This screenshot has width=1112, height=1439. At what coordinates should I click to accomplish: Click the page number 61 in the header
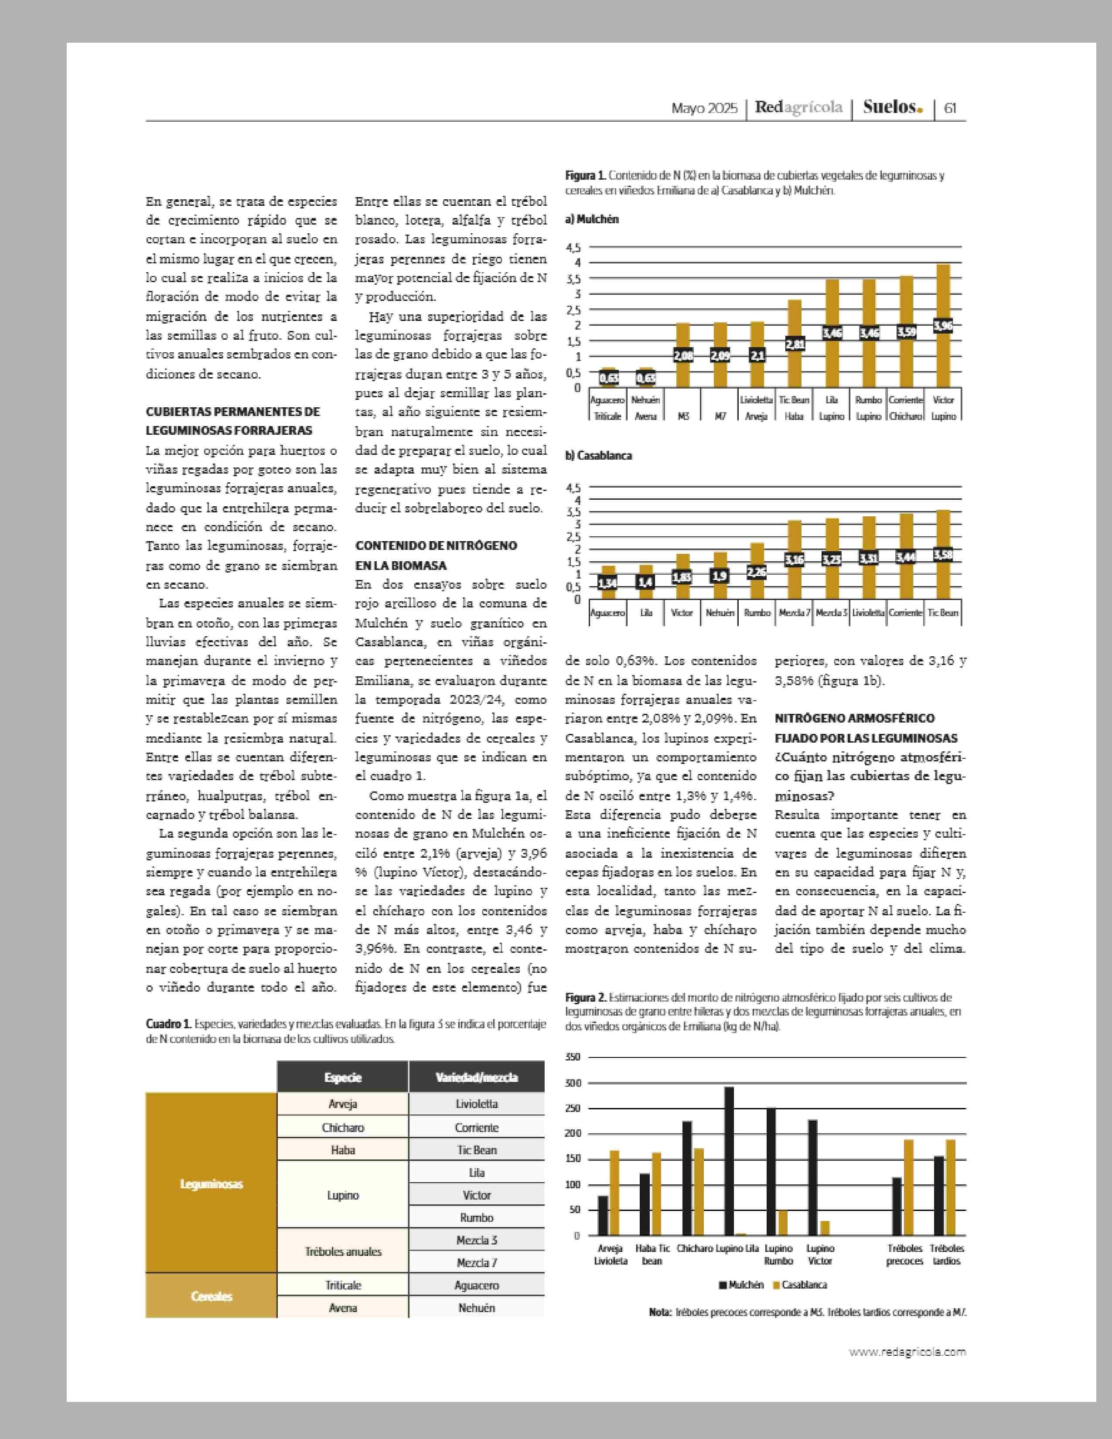click(x=951, y=108)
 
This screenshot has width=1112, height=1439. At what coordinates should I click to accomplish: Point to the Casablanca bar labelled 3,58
click(x=943, y=555)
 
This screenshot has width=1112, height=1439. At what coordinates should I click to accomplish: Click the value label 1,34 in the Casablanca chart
click(x=608, y=583)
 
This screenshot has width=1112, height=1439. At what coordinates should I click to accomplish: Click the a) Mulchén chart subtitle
click(x=592, y=219)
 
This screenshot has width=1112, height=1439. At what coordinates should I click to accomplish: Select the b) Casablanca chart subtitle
click(x=598, y=455)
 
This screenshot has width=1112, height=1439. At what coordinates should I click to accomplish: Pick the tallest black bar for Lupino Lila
click(x=729, y=1160)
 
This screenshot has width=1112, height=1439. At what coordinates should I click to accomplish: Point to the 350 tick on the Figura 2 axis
click(x=573, y=1057)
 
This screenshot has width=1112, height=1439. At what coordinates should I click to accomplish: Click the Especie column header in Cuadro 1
click(x=343, y=1077)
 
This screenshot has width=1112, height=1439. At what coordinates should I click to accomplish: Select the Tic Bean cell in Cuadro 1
click(x=476, y=1150)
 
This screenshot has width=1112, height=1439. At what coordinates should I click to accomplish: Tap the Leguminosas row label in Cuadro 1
click(x=211, y=1184)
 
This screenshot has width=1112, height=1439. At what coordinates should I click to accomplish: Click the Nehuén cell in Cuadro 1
click(x=476, y=1307)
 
